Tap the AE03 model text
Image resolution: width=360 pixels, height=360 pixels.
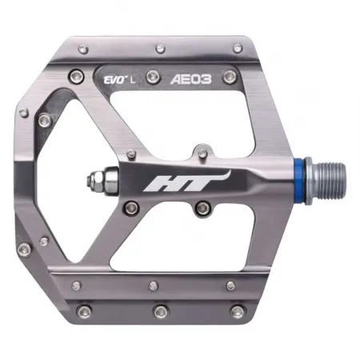(x=190, y=79)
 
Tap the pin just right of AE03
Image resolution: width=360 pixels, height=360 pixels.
(x=230, y=76)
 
